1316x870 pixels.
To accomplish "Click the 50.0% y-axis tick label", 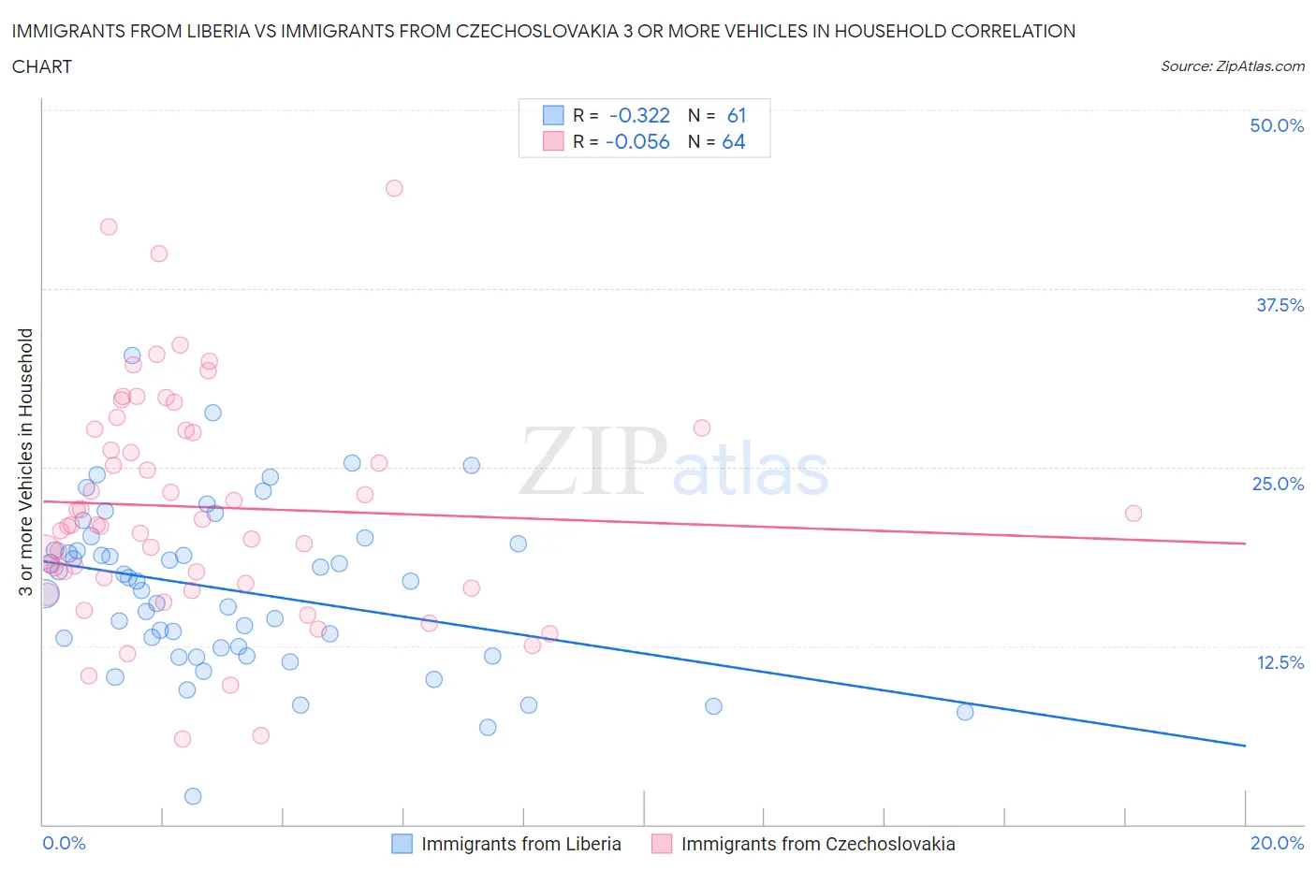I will [x=1277, y=125].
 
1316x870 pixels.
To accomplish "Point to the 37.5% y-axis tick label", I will [x=1279, y=305].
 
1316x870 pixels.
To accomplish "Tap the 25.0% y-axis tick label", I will [x=1278, y=484].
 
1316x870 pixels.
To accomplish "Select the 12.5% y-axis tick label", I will [x=1279, y=662].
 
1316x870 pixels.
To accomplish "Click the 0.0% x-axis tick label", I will [x=64, y=843].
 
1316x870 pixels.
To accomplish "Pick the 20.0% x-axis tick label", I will [x=1277, y=843].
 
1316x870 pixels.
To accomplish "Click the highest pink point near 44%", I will [x=394, y=188].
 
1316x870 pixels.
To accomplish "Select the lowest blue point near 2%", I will [x=193, y=796].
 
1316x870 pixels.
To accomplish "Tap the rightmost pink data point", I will [x=1133, y=513].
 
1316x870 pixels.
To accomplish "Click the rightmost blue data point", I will [x=965, y=712].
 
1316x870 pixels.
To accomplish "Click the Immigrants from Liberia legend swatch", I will [x=402, y=844].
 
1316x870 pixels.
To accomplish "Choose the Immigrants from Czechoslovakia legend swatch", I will [x=662, y=844].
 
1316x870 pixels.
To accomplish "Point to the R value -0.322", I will [x=639, y=115].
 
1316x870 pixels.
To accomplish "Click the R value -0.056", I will [x=637, y=141].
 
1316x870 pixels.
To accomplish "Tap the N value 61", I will [x=737, y=115].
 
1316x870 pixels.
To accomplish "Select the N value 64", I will [x=734, y=141].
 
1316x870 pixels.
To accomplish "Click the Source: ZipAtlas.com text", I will [x=1232, y=65].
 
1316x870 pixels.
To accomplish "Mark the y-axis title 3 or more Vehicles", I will [x=25, y=462].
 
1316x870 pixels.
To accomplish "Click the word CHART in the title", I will [x=41, y=66].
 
